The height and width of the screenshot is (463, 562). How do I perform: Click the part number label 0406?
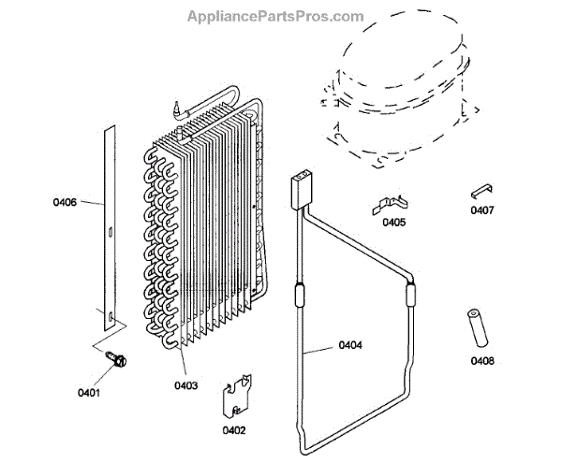point(65,201)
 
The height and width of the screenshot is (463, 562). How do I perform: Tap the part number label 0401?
point(90,392)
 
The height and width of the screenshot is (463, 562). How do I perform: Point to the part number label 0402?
point(234,430)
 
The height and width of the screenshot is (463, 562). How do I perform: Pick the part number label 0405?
point(393,223)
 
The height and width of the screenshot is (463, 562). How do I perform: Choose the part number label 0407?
point(482,210)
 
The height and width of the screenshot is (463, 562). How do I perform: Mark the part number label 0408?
point(483,360)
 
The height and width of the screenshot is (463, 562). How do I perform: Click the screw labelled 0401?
point(118,357)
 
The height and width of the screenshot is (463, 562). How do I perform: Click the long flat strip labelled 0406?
point(109,224)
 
